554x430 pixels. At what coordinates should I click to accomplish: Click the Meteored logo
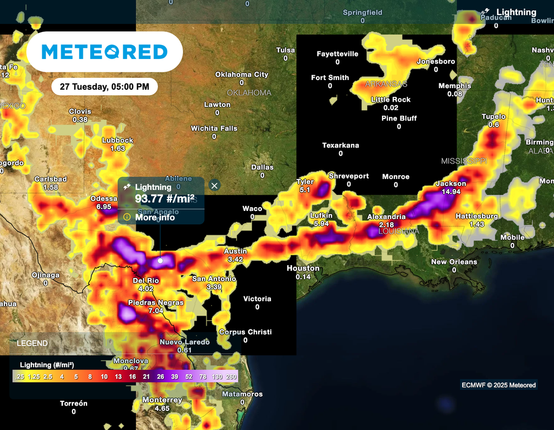click(x=104, y=52)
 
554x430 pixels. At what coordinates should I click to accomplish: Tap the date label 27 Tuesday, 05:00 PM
click(x=104, y=87)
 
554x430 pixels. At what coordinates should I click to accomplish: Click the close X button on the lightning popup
click(x=214, y=186)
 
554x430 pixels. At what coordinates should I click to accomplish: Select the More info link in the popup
click(x=155, y=217)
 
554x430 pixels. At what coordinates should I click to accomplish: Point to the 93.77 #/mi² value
click(x=164, y=199)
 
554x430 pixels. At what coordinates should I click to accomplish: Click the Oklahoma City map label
click(x=241, y=75)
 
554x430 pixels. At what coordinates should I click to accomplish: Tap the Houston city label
click(x=303, y=268)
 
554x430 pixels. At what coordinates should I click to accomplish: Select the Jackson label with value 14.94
click(x=451, y=184)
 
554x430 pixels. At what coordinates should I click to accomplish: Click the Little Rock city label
click(x=391, y=100)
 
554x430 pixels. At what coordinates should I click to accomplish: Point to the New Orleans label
click(x=454, y=262)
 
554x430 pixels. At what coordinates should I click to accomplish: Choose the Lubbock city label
click(x=117, y=141)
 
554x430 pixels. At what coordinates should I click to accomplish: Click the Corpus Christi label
click(x=245, y=332)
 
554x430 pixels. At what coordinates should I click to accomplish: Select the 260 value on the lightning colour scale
click(x=231, y=376)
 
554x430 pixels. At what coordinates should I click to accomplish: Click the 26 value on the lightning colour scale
click(x=160, y=376)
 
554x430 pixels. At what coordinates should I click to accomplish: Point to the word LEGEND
click(x=32, y=343)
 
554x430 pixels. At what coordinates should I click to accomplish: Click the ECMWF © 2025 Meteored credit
click(x=498, y=385)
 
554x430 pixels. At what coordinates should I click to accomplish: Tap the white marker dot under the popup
click(x=160, y=261)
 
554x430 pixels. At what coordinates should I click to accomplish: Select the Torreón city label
click(x=74, y=403)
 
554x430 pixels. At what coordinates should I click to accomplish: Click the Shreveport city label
click(x=348, y=176)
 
